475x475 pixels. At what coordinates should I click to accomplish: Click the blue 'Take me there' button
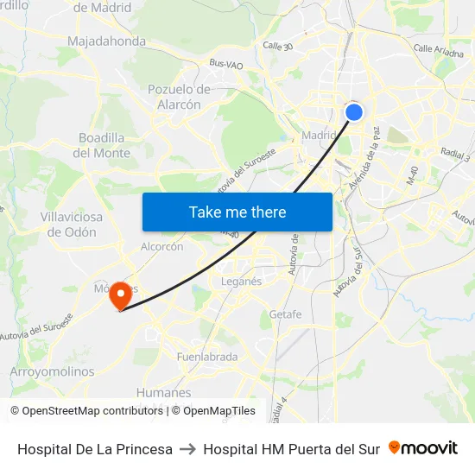point(237,212)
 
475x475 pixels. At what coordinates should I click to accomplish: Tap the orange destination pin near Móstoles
point(120,295)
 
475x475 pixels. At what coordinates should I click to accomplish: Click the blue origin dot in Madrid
point(354,111)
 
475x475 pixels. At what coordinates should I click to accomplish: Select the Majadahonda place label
point(106,41)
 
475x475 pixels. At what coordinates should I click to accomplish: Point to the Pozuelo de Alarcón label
point(179,97)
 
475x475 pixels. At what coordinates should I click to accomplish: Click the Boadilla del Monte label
point(102,145)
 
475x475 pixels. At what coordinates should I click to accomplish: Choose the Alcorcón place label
point(161,246)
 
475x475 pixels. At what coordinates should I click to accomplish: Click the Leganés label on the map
point(241,282)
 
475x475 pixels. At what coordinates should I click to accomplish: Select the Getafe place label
point(286,314)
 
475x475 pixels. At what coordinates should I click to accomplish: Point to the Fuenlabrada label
point(206,357)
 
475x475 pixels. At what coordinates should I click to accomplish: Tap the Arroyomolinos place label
point(52,371)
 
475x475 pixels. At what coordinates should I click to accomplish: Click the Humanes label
point(163,393)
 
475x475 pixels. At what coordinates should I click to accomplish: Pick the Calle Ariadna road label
point(439,51)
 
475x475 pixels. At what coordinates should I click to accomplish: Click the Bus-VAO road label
point(225,63)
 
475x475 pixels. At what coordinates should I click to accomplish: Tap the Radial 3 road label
point(454,155)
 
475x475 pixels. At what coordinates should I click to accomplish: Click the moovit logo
point(423,448)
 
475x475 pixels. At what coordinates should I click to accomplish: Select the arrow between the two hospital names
point(187,449)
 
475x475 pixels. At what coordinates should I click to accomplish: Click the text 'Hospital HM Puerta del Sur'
point(291,449)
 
